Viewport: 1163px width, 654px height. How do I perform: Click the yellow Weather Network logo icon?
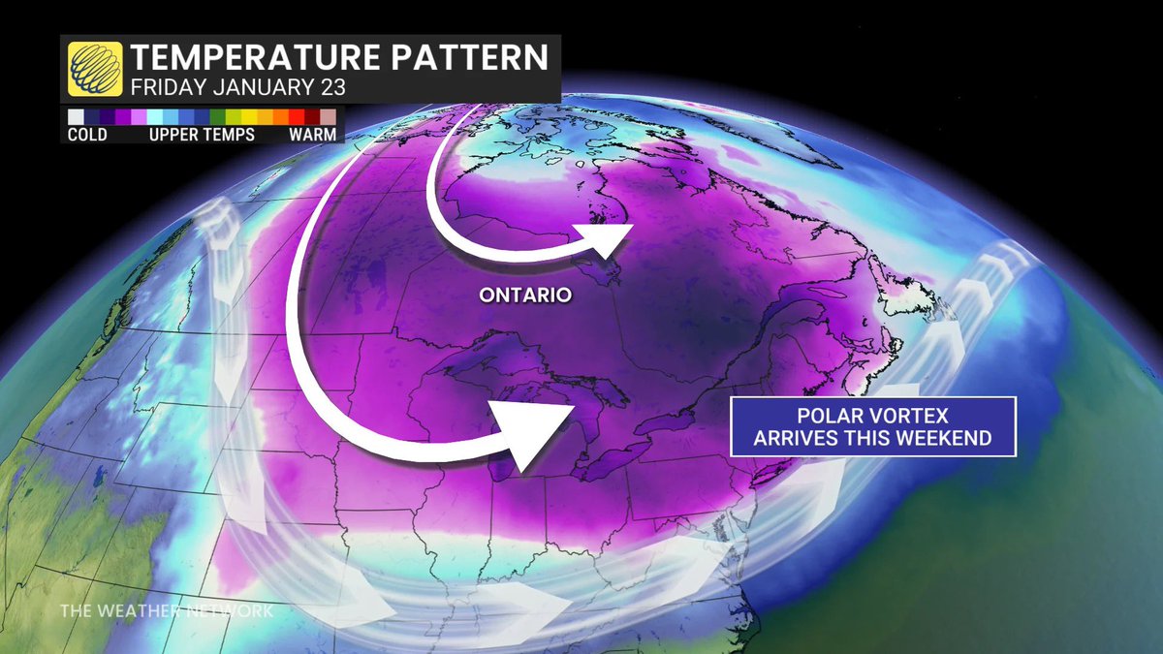tap(95, 68)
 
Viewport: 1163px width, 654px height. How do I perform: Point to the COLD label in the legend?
tap(87, 135)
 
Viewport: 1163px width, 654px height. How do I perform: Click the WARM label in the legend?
tap(312, 135)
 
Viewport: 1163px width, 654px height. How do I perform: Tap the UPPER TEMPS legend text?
tap(202, 135)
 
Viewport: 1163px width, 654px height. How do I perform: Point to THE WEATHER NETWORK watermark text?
tap(166, 611)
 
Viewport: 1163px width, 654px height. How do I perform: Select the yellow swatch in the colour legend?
tap(249, 117)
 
